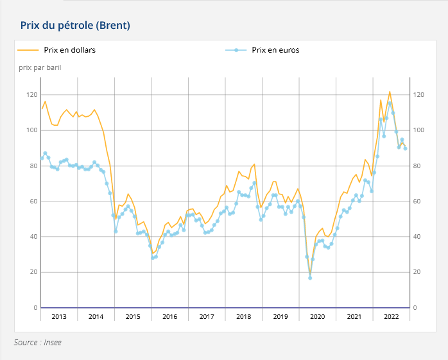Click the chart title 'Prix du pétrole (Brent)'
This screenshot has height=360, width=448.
click(x=75, y=26)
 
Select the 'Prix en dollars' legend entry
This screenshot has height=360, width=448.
click(x=56, y=50)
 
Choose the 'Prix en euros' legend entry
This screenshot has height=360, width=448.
click(x=263, y=50)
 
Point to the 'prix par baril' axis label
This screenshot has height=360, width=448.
click(x=40, y=68)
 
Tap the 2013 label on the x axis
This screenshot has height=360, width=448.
click(x=59, y=316)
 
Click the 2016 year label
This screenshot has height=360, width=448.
click(x=169, y=316)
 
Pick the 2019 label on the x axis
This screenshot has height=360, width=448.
click(x=280, y=316)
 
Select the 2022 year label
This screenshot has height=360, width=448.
click(x=391, y=316)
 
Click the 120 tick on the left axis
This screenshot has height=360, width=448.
click(x=32, y=94)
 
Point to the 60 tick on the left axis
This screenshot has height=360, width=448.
click(x=33, y=201)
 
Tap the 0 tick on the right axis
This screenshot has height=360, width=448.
click(x=415, y=308)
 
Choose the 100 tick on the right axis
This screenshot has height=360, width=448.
click(x=418, y=130)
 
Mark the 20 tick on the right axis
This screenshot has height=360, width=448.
click(x=417, y=272)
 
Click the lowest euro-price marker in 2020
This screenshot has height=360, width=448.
click(x=310, y=278)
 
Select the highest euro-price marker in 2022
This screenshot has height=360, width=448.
click(x=390, y=103)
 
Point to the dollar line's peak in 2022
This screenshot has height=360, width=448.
click(x=390, y=92)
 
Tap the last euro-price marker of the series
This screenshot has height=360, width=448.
click(x=405, y=148)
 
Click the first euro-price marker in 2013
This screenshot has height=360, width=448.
click(x=42, y=158)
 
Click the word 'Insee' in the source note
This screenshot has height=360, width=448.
click(x=53, y=342)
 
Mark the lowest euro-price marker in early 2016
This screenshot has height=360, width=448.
click(x=153, y=258)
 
